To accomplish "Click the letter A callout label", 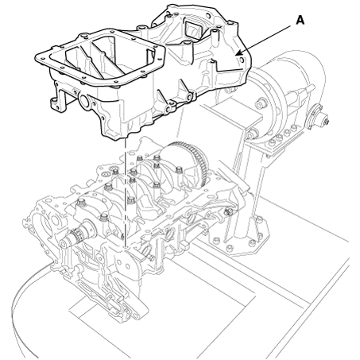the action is [x=300, y=21].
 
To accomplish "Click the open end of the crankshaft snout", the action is [x=64, y=243].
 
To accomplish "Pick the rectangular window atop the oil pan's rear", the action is [x=193, y=30].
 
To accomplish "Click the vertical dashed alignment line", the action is [x=124, y=192].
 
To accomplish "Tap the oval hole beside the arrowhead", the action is [x=241, y=60].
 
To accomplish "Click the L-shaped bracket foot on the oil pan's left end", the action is [x=58, y=98].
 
